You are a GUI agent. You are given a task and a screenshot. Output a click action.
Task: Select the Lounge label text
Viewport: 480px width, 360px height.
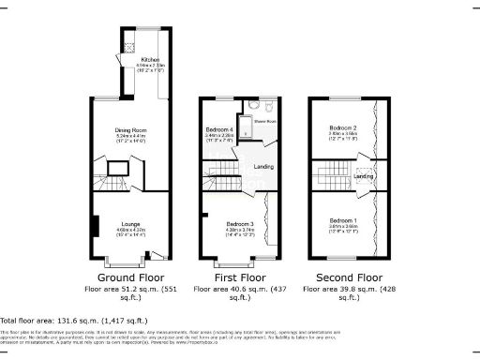tap(130, 224)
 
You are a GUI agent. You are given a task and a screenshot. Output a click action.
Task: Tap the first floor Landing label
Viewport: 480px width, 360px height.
tap(263, 168)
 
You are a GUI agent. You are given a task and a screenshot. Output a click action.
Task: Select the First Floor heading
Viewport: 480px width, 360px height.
tap(238, 277)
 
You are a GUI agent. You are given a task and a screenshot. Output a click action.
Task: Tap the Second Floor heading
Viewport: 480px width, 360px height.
tap(348, 277)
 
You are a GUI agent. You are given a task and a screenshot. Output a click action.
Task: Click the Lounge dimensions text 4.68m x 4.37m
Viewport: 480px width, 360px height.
tap(130, 230)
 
